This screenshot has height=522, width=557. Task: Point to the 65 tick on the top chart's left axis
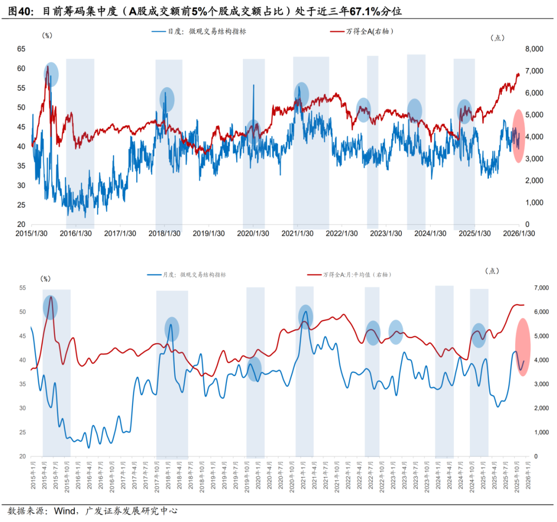pos(21,49)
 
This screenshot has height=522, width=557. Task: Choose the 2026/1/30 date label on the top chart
pos(518,233)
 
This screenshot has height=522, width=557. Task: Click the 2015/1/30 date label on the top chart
pos(32,233)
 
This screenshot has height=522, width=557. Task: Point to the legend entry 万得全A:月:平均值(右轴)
pos(356,275)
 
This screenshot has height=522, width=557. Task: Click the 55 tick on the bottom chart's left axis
pos(22,288)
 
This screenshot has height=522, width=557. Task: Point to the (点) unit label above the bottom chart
pos(493,271)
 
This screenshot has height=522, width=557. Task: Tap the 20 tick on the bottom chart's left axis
pos(22,457)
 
